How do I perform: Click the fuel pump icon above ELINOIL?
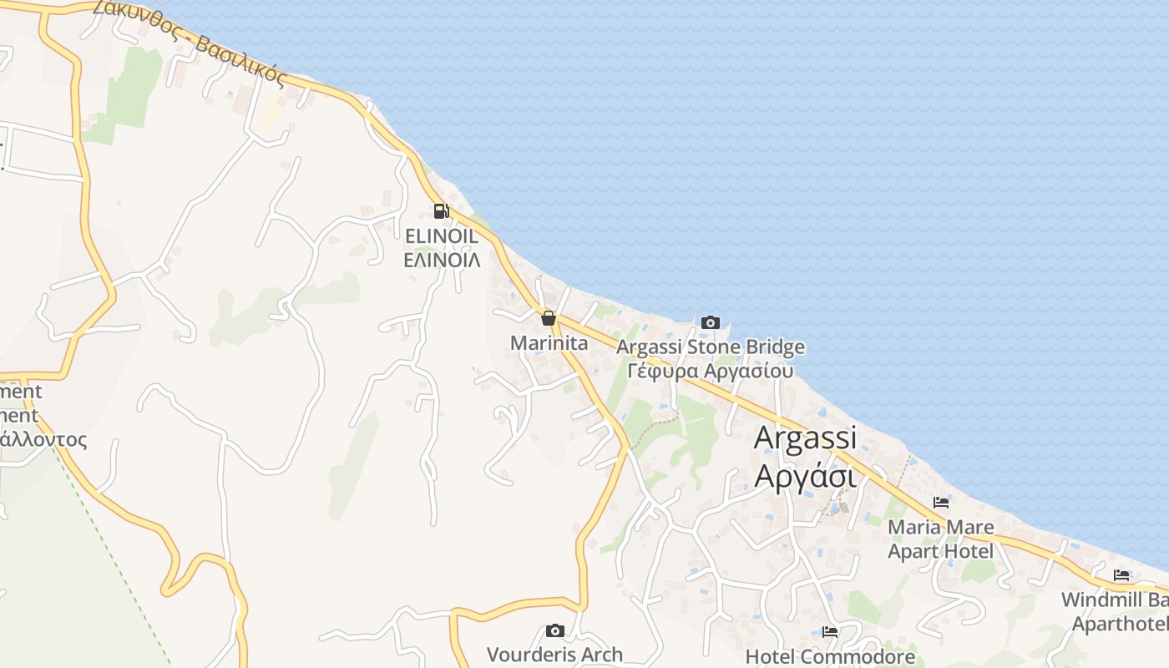pos(441,211)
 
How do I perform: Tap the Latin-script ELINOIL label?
pos(442,236)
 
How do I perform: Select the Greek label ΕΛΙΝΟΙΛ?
pos(442,260)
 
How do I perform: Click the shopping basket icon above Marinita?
pos(549,318)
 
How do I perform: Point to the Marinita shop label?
pos(549,343)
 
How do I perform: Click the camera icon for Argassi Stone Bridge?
pos(711,322)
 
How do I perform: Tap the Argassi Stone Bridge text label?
pos(711,347)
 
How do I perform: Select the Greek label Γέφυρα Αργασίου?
pos(711,371)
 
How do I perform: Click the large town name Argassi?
pos(806,438)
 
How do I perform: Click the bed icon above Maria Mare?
pos(941,503)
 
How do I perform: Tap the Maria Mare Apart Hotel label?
pos(941,539)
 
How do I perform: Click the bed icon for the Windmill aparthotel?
pos(1121,575)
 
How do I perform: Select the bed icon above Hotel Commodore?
pos(830,632)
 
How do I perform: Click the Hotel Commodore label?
pos(830,657)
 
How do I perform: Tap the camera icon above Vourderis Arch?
pos(555,630)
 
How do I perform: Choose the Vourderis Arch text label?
pos(555,655)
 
